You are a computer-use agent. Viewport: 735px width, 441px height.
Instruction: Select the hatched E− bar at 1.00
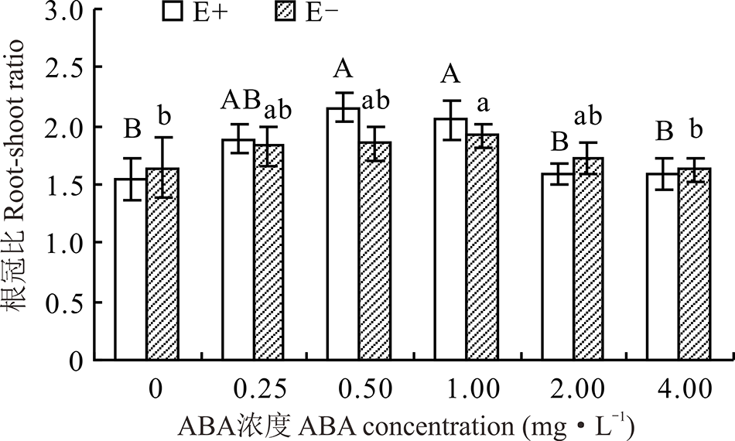tap(482, 248)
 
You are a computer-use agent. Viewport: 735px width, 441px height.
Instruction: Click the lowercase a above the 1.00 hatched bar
tap(481, 102)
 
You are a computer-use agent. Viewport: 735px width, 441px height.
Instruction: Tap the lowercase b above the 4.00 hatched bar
tap(696, 129)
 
